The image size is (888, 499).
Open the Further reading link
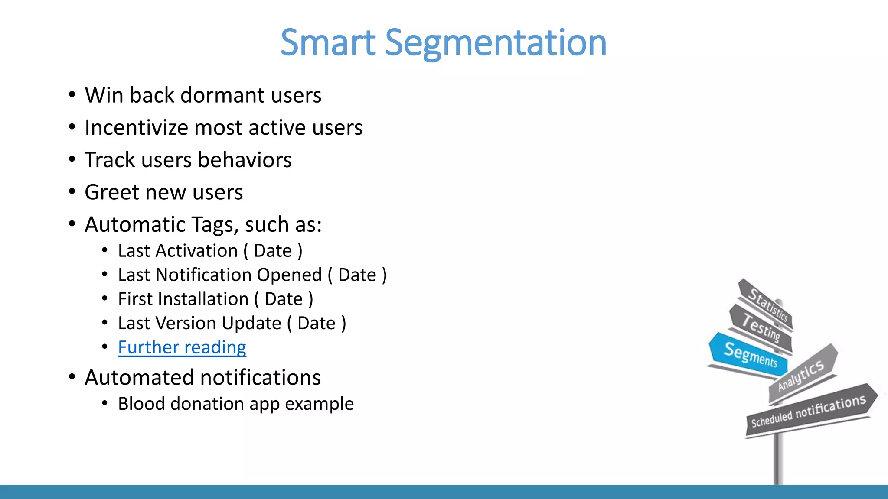click(x=182, y=347)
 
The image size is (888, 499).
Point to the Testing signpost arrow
click(x=761, y=328)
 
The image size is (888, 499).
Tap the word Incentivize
click(x=136, y=128)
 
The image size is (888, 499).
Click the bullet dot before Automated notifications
click(x=72, y=377)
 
